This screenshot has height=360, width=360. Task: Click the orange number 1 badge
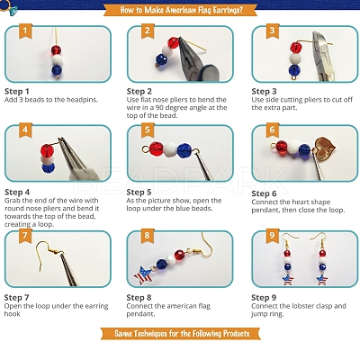(x=25, y=31)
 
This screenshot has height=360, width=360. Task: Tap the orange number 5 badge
(x=148, y=130)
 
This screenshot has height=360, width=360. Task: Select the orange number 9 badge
(x=272, y=236)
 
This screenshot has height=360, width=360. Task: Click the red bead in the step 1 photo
(x=56, y=49)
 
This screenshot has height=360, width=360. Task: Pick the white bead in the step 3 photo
(x=296, y=58)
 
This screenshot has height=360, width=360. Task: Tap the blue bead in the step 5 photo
(x=184, y=150)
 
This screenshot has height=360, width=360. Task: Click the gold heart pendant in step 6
(x=323, y=147)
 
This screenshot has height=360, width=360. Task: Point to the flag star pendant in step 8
(x=143, y=275)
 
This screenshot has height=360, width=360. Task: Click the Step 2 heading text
(x=139, y=92)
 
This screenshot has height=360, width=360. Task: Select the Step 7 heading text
(x=17, y=298)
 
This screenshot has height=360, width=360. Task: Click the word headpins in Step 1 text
(x=82, y=100)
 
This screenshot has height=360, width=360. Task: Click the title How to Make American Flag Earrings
(x=181, y=10)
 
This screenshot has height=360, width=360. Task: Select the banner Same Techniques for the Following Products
(x=182, y=334)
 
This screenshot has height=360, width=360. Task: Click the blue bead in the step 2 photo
(x=161, y=59)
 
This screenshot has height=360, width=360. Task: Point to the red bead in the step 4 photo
(x=47, y=149)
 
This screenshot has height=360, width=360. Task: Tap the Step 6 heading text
(x=264, y=193)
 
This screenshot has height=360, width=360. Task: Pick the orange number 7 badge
(x=25, y=236)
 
